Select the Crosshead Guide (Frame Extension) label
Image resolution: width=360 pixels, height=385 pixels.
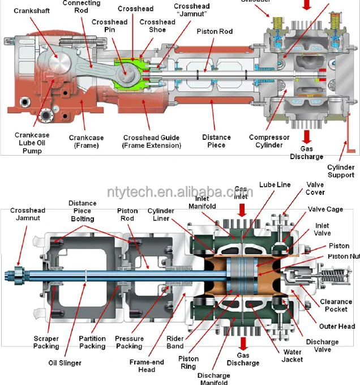click(x=152, y=142)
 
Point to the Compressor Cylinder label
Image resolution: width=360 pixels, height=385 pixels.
click(x=269, y=142)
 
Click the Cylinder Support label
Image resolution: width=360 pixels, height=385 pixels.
click(x=341, y=171)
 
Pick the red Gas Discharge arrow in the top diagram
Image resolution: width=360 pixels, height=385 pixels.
click(x=306, y=136)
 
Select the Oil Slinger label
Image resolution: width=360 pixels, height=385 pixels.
click(x=65, y=363)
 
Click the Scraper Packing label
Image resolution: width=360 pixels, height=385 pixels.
click(x=46, y=342)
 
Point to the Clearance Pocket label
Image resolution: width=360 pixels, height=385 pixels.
click(x=337, y=306)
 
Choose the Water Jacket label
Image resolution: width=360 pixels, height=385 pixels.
click(x=292, y=355)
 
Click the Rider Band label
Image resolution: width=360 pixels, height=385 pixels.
click(x=175, y=343)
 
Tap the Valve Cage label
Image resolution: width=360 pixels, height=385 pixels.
click(x=325, y=209)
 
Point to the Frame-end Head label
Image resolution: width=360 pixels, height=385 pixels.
click(x=146, y=366)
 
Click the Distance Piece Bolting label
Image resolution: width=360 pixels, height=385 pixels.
click(x=83, y=211)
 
